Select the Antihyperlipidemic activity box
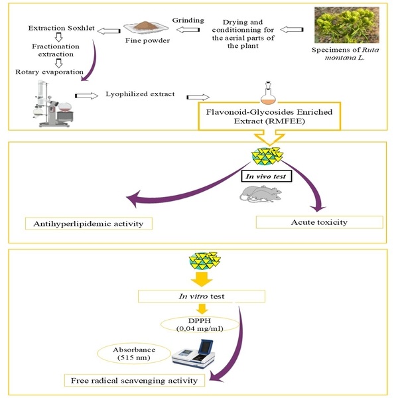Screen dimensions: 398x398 [88, 223]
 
